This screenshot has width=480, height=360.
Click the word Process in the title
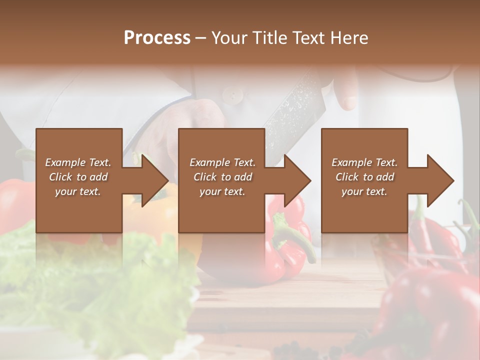pos(157,38)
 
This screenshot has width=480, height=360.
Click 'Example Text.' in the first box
pos(78,162)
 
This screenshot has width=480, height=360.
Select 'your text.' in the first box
pos(78,191)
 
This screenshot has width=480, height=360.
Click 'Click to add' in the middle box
pos(222,177)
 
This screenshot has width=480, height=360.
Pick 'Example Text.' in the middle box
pos(222,162)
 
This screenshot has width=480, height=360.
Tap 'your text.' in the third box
pos(364,191)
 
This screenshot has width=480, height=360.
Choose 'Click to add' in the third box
pos(364,177)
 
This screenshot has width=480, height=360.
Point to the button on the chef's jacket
pos(230,93)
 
